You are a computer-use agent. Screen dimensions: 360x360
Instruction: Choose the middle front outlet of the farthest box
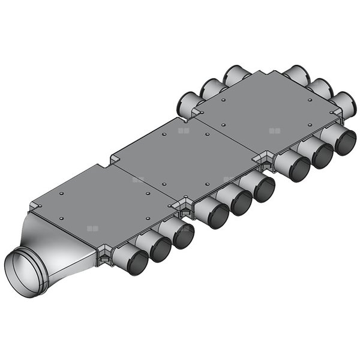click(x=322, y=155)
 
